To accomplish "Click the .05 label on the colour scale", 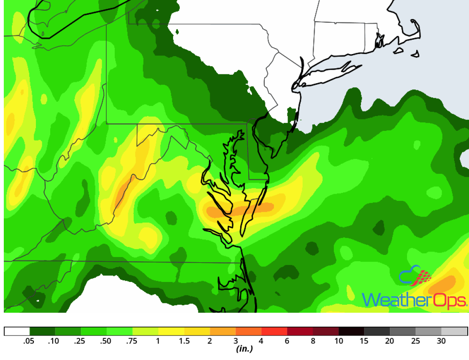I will (29, 341).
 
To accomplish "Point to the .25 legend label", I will (80, 341).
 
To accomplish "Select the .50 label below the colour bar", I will (106, 341).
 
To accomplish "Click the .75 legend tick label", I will (132, 341).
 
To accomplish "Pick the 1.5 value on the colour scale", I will (184, 341).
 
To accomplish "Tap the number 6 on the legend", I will (287, 341).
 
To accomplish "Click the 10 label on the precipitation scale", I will (339, 341).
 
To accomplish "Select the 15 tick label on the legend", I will (364, 341).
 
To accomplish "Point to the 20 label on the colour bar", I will (390, 341).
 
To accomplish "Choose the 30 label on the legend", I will (442, 341).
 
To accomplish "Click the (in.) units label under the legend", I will (244, 349).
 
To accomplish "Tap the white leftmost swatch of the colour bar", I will (17, 331).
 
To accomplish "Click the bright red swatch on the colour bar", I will (274, 331).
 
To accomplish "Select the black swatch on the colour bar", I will (352, 331).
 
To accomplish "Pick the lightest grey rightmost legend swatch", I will (455, 331).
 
